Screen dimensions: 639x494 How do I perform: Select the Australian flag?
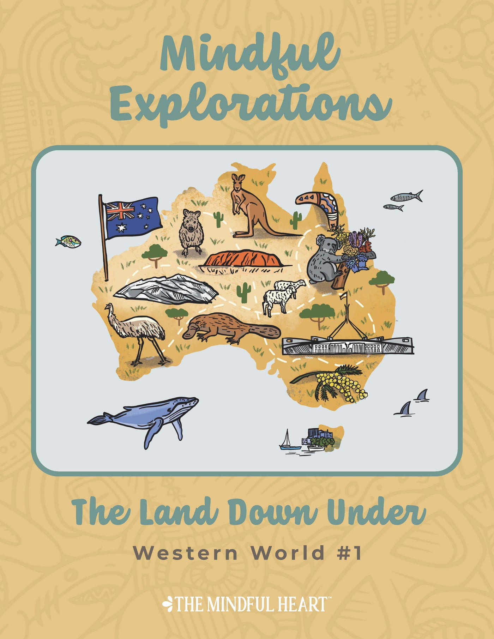coord(132,217)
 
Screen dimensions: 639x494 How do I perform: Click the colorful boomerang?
coord(319,205)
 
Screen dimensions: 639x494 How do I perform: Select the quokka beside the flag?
coord(191,231)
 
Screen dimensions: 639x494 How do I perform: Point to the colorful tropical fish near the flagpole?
coord(68,242)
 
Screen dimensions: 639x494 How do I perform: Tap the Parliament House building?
coord(348,344)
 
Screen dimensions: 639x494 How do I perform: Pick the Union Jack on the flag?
coord(120,211)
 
